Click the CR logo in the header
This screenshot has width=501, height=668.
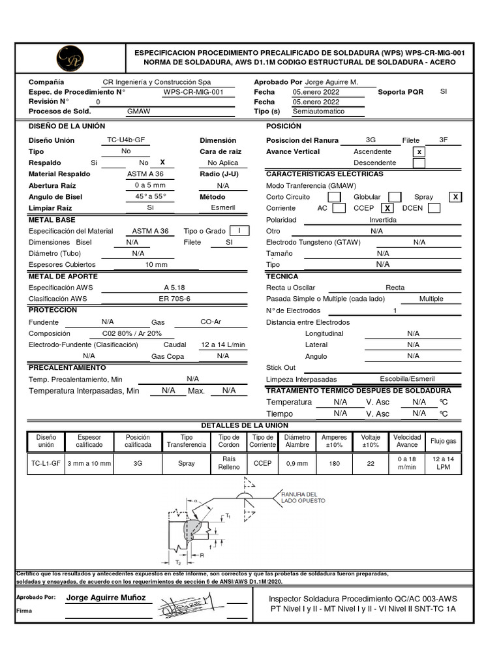(70, 57)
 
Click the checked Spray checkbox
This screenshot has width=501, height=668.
(455, 197)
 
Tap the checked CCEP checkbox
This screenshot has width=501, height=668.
(387, 208)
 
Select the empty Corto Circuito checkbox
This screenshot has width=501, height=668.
(333, 197)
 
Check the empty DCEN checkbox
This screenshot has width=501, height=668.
(434, 208)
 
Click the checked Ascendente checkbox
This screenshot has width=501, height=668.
(419, 151)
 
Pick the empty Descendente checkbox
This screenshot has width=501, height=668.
(419, 163)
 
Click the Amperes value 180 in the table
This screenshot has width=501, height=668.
(335, 463)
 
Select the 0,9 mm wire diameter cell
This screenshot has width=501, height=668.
(297, 463)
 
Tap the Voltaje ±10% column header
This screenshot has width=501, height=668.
(371, 441)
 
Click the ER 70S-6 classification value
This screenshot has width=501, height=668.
(174, 299)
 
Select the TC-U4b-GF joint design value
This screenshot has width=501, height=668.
(127, 140)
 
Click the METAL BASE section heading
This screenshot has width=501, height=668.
(52, 220)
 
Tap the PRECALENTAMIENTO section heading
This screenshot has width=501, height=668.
(67, 368)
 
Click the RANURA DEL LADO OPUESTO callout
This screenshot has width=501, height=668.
(299, 498)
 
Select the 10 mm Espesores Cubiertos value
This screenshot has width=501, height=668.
(156, 265)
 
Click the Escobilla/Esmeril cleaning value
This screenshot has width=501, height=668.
(407, 379)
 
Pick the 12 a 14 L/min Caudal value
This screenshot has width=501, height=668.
(223, 344)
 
